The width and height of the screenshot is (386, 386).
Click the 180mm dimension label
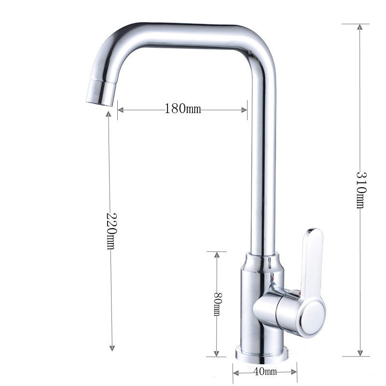coord(182,109)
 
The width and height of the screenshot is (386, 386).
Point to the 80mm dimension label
coord(217,304)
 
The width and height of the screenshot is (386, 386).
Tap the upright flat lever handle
coord(311,261)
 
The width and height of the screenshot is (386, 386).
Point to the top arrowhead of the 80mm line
coord(217,255)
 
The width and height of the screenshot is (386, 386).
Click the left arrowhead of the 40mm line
coord(236,372)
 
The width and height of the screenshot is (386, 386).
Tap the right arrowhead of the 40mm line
coord(294,372)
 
